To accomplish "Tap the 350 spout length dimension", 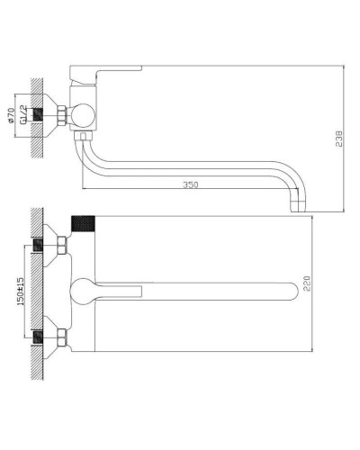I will click(x=190, y=185).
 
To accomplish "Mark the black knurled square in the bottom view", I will click(x=83, y=221).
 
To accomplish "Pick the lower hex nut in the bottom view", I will click(x=60, y=338).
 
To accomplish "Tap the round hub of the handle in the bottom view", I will click(x=85, y=290).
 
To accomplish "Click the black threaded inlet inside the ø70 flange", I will click(x=40, y=114).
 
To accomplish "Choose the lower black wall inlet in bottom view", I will click(x=40, y=338).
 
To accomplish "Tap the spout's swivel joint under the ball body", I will click(x=84, y=138).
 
